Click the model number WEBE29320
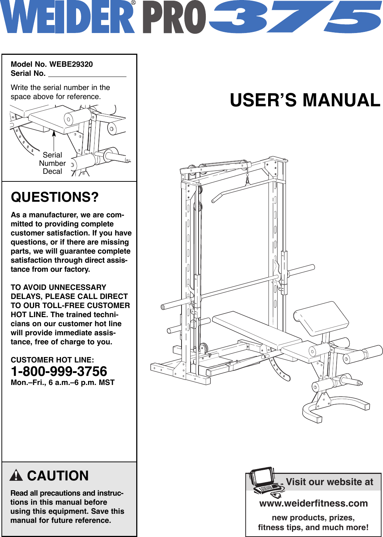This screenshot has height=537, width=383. [x=71, y=64]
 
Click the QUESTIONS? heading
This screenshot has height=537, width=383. [x=55, y=197]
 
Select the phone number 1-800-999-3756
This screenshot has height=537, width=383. [x=59, y=371]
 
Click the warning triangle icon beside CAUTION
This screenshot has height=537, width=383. [x=16, y=475]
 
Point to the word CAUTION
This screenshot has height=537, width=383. [x=58, y=476]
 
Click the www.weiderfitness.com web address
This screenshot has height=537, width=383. [x=313, y=503]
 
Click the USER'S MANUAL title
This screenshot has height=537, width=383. [x=305, y=100]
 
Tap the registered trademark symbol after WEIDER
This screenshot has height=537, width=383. [x=133, y=3]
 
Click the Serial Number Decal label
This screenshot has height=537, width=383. [x=53, y=163]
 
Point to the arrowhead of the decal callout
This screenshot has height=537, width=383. [x=54, y=133]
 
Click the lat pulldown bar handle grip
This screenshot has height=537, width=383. [x=217, y=198]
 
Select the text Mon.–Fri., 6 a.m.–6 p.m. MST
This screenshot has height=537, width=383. [x=63, y=382]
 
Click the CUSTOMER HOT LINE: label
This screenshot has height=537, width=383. [x=53, y=360]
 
